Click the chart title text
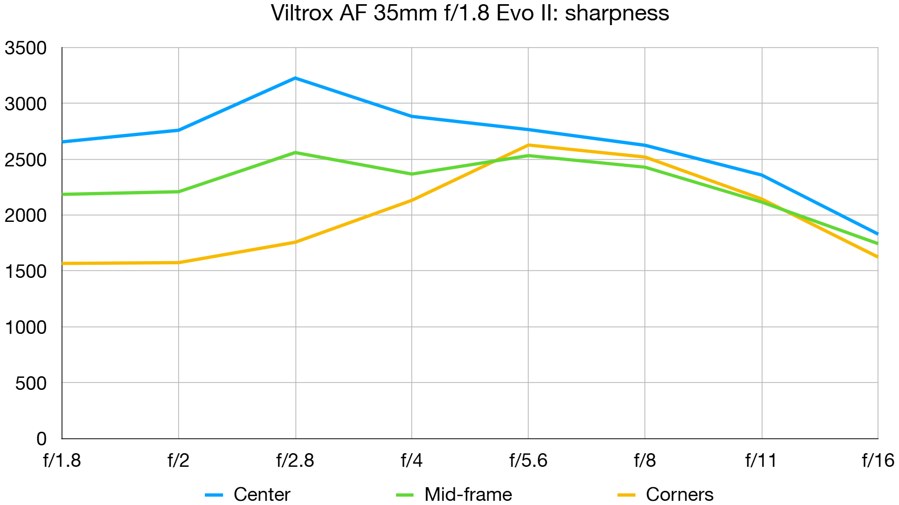coord(469,13)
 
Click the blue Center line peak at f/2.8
coord(295,78)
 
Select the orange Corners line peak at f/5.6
coord(528,145)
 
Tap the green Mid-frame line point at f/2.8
coord(295,152)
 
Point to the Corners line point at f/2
coord(179,263)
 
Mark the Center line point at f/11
coord(762,175)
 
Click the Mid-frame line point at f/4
coord(412,174)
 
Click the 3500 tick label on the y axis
coord(26,48)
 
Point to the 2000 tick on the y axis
coord(26,216)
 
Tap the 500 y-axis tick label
coord(31,384)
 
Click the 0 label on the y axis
coord(41,439)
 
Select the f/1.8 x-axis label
coord(62,461)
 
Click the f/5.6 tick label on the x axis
coord(528,461)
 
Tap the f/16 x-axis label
coord(878,461)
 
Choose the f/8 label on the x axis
coord(645,461)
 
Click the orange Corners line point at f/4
coord(412,200)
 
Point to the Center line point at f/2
coord(179,130)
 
